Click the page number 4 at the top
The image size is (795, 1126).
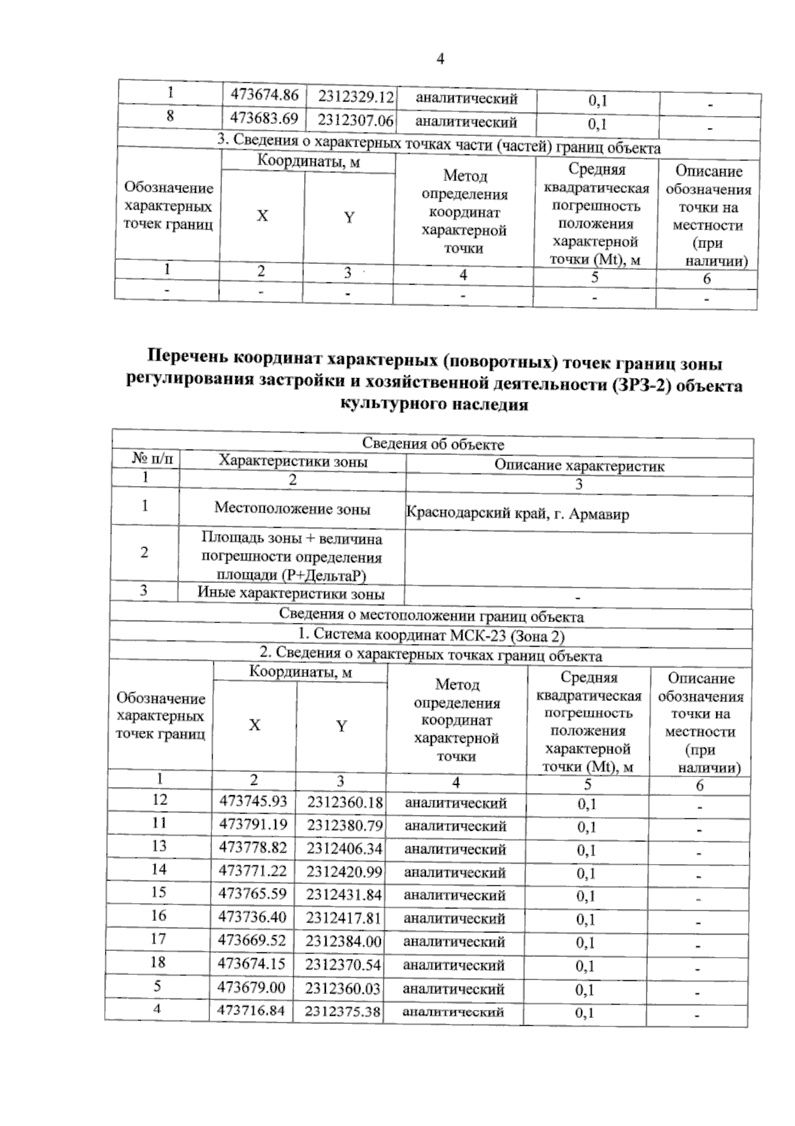pos(440,59)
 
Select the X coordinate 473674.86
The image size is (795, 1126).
pos(264,95)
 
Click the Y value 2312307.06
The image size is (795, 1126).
pos(356,121)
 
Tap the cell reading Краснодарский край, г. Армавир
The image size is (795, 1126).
pos(517,513)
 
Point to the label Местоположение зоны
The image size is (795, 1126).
pos(292,509)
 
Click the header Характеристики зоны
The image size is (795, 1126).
pos(293,462)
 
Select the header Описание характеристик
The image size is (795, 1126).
pos(579,466)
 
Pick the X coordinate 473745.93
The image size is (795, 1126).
pos(253,801)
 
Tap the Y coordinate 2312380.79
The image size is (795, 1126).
pos(344,826)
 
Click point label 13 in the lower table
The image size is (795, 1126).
pos(159,846)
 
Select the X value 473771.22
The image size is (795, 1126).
pos(252,871)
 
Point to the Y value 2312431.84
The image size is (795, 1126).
pos(344,895)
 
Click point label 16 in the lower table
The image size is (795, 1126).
pos(158,916)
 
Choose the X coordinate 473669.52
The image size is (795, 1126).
pos(252,940)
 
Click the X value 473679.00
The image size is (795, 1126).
pos(251,987)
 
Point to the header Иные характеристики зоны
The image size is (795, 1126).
pos(291,594)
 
